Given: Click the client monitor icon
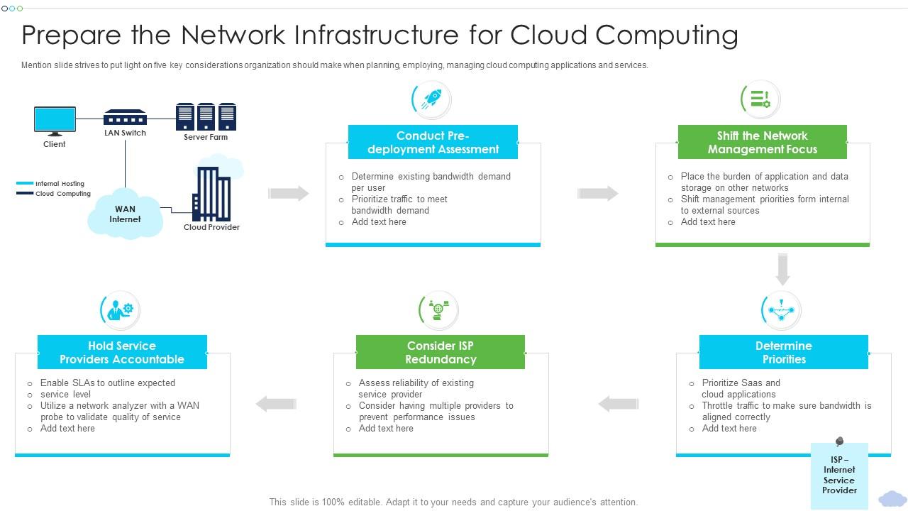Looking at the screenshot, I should [55, 120].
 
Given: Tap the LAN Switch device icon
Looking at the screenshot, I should [125, 117].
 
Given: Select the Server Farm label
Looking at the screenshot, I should [206, 137].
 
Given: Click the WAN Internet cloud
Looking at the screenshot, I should [125, 214].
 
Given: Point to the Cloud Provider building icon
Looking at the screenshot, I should [211, 193].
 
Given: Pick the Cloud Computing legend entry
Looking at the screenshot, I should [54, 193].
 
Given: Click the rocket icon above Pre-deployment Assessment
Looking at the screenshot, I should [431, 99].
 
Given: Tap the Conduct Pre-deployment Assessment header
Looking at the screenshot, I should [433, 142].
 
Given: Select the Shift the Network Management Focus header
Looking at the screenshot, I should [762, 142].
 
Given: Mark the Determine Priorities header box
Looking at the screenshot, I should [783, 352].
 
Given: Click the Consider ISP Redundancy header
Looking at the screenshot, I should [440, 352].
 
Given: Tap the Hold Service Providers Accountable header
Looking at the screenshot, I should [122, 352].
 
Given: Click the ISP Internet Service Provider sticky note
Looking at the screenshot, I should [838, 475].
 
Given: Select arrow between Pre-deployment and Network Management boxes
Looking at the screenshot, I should [597, 193].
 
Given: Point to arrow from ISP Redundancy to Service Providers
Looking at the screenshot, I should [276, 404].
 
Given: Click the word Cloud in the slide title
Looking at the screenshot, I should [548, 34].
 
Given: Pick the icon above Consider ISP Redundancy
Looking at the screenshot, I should [438, 310].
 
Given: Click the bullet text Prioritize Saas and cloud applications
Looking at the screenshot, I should [741, 388].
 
